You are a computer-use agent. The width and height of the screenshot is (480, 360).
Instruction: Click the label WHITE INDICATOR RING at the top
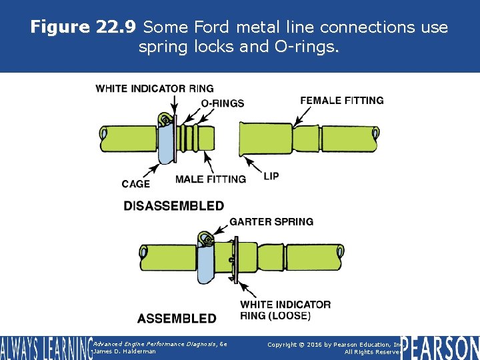(x=155, y=88)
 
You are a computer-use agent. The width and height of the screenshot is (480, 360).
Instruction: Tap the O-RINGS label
(x=222, y=103)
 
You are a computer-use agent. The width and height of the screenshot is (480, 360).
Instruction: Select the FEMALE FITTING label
(x=341, y=101)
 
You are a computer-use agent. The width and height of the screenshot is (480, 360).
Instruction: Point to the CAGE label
(x=136, y=184)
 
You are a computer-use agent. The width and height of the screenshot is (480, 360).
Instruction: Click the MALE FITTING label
(x=210, y=179)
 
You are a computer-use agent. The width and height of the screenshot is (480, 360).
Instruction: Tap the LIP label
(x=271, y=177)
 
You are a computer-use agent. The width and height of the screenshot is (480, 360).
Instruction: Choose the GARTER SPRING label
(x=271, y=221)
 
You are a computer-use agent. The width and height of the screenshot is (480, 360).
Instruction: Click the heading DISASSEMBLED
(x=173, y=206)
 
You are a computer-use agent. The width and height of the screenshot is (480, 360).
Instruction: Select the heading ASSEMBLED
(x=177, y=319)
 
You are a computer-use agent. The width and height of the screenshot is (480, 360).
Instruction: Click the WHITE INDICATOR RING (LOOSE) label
(x=285, y=309)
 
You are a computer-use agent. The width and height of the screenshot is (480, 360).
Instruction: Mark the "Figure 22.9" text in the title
(x=83, y=27)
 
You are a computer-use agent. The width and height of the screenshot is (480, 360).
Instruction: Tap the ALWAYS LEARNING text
(x=45, y=348)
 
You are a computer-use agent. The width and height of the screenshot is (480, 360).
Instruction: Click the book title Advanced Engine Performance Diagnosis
(x=160, y=343)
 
